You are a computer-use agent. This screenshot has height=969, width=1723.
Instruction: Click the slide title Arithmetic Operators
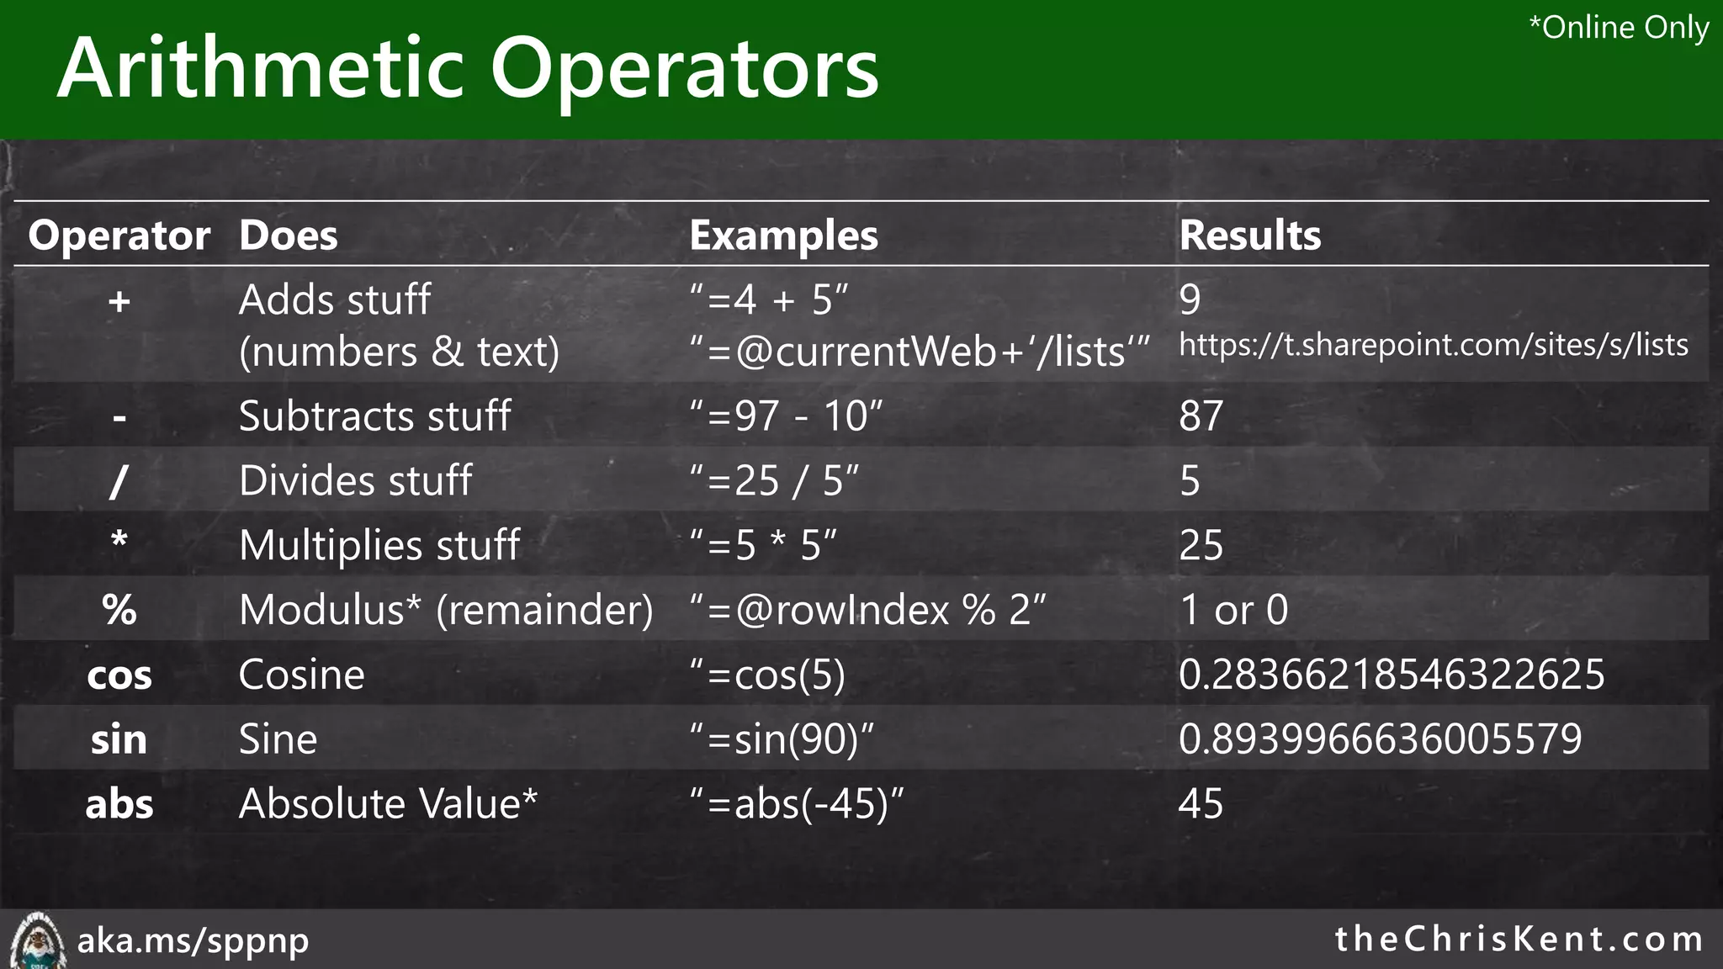[468, 69]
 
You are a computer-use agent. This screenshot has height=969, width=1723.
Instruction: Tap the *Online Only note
[1618, 28]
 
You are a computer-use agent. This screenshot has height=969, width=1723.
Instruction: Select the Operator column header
[119, 236]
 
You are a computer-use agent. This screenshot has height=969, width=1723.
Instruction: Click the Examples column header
[783, 236]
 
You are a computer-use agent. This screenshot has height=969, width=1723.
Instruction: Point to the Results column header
[1249, 236]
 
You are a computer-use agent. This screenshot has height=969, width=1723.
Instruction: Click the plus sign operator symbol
[119, 301]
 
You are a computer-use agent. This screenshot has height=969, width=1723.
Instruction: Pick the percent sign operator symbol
[119, 610]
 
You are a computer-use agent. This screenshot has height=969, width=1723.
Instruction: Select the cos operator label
[119, 675]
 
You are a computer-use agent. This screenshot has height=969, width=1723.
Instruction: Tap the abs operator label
[119, 805]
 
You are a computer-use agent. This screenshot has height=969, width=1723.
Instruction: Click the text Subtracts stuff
[374, 416]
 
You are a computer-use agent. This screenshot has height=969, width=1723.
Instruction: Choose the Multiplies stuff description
[379, 546]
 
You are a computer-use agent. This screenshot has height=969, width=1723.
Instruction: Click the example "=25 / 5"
[774, 481]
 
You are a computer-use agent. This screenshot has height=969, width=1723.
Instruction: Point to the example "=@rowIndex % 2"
[867, 610]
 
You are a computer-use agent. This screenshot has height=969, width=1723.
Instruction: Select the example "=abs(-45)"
[796, 805]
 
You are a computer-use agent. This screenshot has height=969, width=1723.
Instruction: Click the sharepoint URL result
[1433, 346]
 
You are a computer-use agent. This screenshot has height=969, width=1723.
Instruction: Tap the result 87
[1201, 416]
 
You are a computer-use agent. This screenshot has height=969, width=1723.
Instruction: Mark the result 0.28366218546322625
[1391, 675]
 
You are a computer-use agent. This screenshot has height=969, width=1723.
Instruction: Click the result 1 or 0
[1233, 610]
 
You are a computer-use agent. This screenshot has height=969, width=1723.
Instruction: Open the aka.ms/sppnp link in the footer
[193, 940]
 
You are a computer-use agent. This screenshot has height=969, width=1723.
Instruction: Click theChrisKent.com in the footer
[1519, 940]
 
